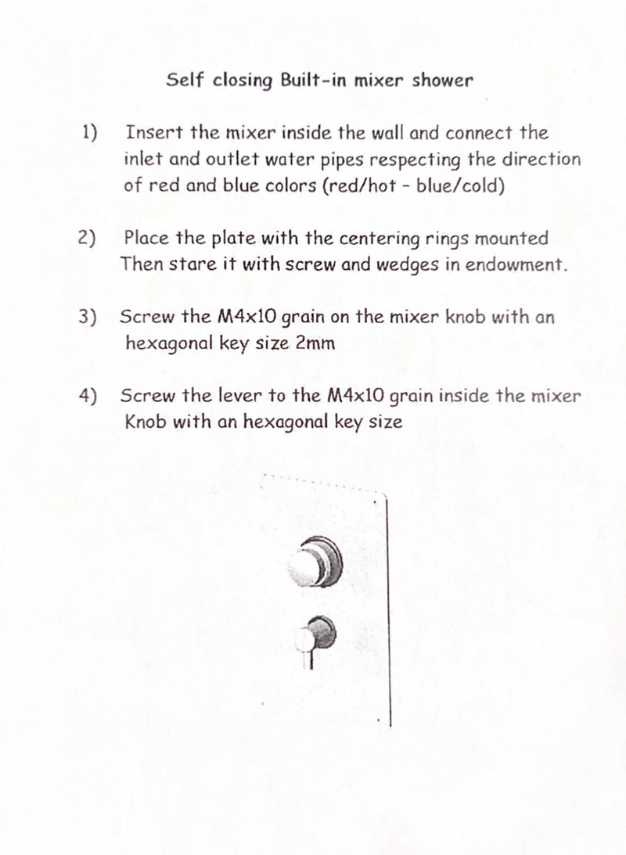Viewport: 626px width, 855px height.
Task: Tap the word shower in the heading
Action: click(x=444, y=81)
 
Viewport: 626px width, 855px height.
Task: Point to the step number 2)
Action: click(x=88, y=237)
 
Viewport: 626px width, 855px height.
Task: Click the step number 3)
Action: click(x=88, y=317)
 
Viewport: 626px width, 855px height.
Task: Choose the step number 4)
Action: click(x=88, y=396)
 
